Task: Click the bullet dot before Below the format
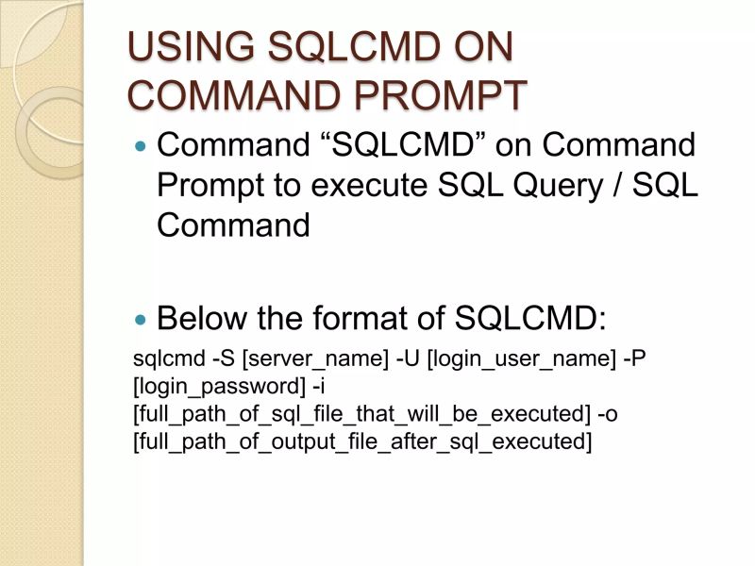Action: (143, 320)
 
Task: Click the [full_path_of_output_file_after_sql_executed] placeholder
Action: (362, 441)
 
